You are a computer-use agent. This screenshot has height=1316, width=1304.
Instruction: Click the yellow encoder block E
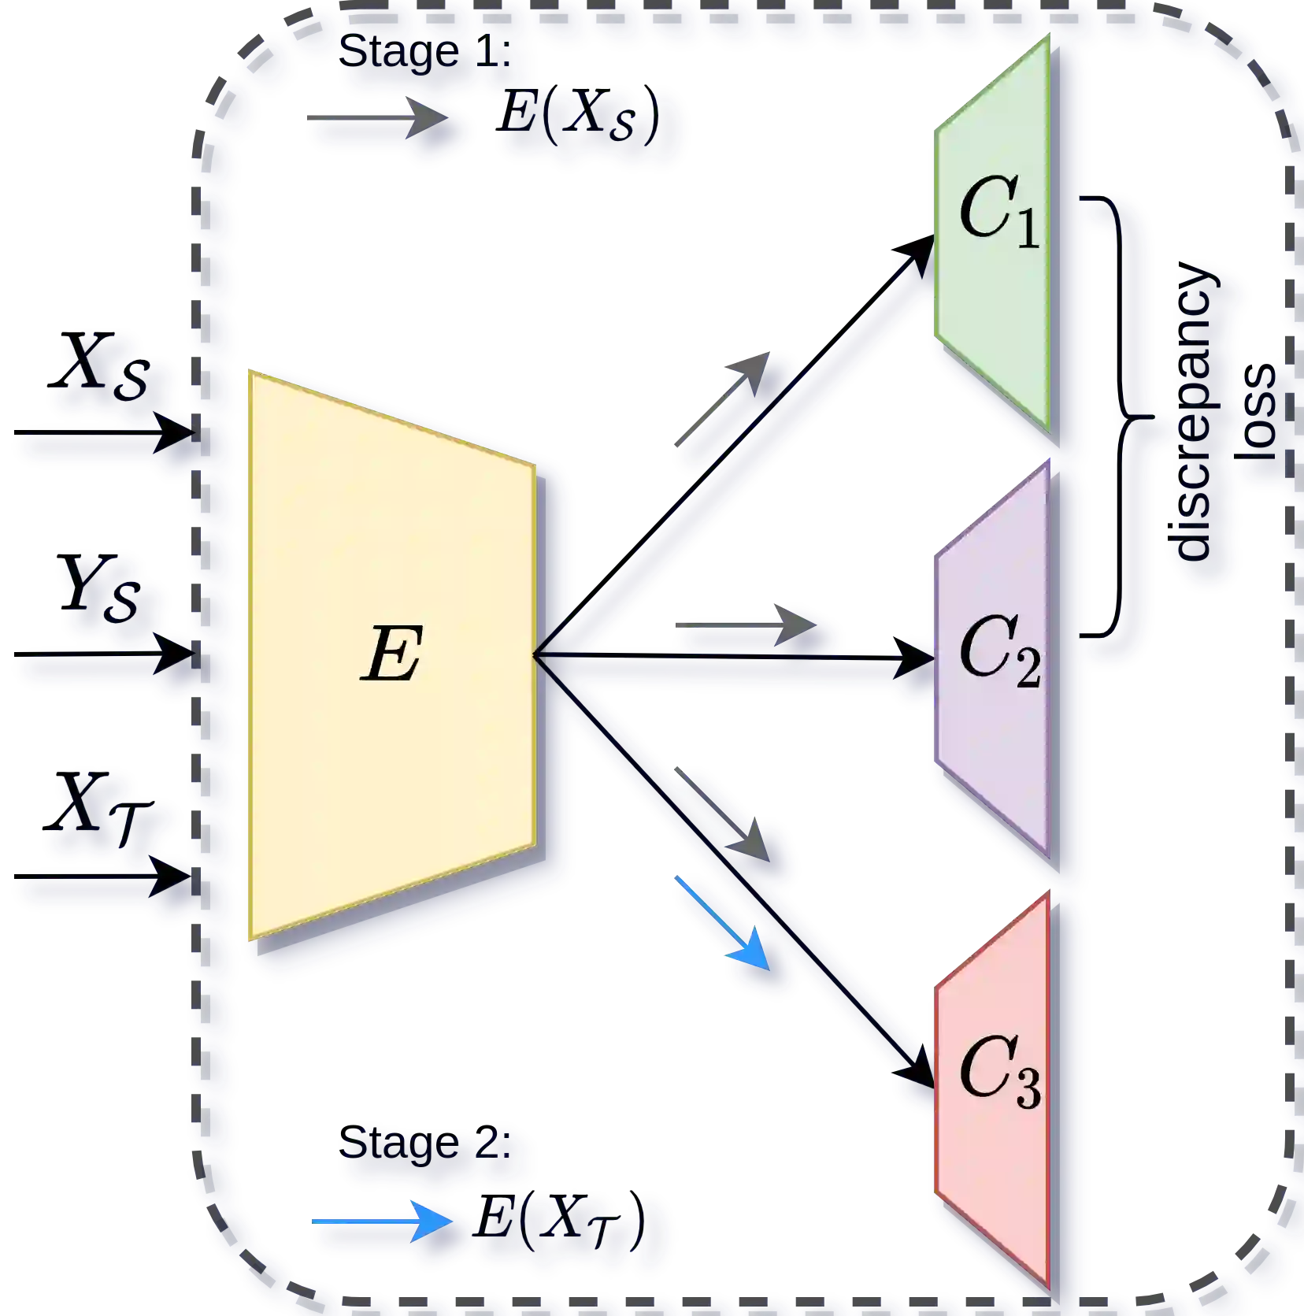[x=391, y=654]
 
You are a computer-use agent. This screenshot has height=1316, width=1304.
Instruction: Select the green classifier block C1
[x=996, y=236]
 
